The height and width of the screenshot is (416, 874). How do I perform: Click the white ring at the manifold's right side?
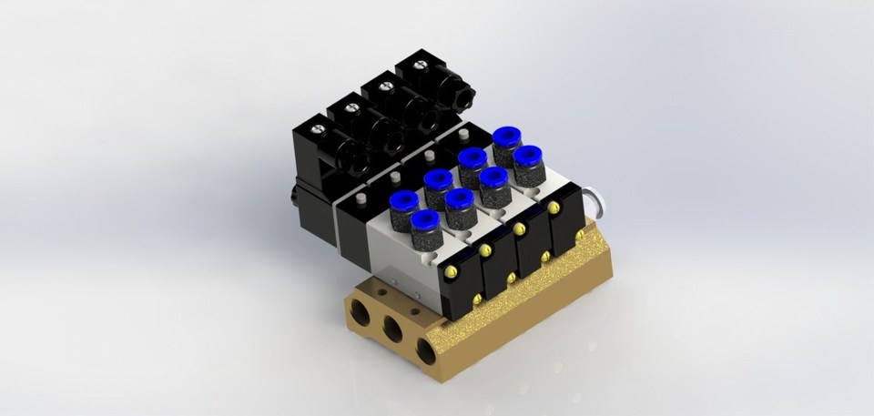[595, 200]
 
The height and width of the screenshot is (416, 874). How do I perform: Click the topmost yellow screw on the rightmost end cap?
[554, 208]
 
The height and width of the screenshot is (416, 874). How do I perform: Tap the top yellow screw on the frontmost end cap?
[451, 271]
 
